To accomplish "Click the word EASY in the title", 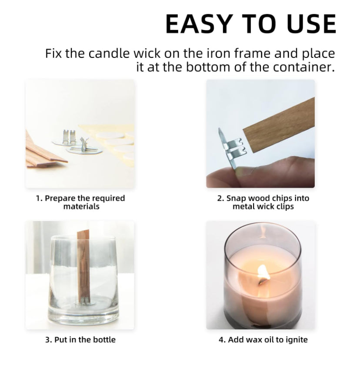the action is (x=199, y=24).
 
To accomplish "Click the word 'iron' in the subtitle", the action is (x=219, y=53).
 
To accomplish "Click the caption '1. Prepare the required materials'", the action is (x=80, y=202).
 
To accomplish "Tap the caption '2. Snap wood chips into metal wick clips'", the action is (x=263, y=202).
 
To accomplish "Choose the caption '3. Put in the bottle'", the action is (x=80, y=340).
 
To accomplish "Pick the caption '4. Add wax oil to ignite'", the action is (x=263, y=340).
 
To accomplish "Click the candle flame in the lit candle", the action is (x=264, y=273).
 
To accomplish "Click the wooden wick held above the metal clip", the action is (x=280, y=125).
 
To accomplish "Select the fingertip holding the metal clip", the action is (x=242, y=172).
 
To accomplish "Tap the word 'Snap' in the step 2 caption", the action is (x=236, y=198).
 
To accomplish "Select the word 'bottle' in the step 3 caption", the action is (x=104, y=340).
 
